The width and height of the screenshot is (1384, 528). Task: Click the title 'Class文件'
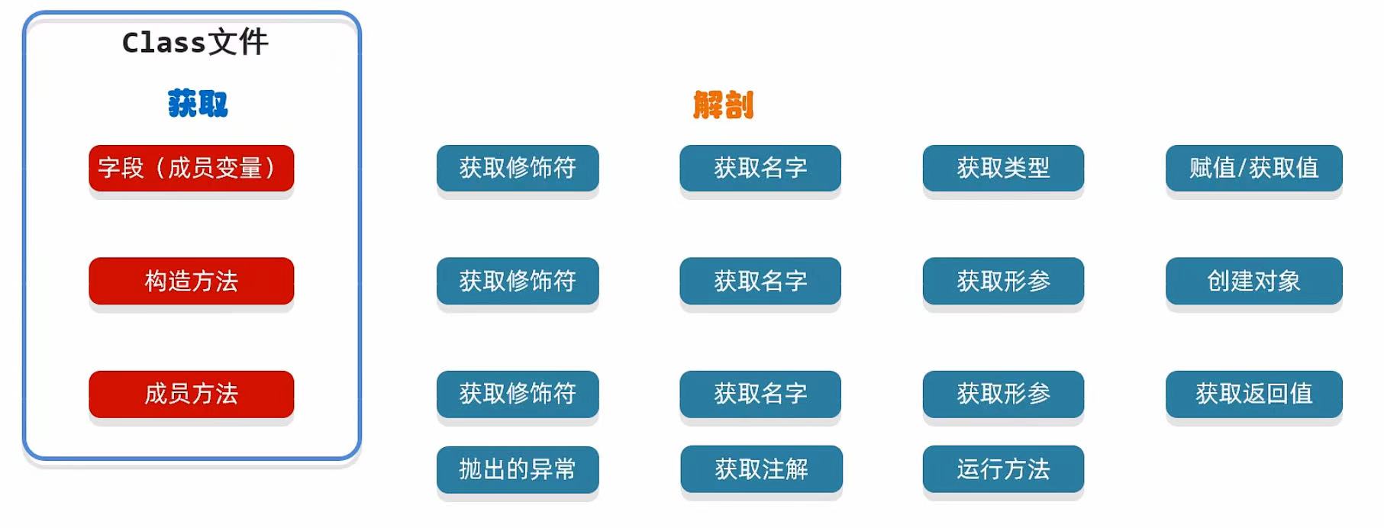tap(195, 43)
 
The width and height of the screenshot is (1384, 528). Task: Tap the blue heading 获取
tap(198, 104)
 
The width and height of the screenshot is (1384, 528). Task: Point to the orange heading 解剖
tap(723, 105)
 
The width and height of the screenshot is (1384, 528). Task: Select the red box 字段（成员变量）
tap(191, 168)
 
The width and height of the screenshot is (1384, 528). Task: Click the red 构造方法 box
tap(191, 281)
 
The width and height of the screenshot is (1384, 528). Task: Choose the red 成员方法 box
tap(191, 394)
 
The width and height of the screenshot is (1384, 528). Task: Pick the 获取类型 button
tap(1003, 168)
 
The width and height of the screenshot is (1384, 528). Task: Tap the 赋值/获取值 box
tap(1253, 168)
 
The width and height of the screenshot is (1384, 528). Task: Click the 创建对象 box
tap(1253, 281)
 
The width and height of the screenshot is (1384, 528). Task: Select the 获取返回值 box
tap(1253, 394)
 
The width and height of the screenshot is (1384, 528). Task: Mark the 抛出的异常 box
tap(518, 468)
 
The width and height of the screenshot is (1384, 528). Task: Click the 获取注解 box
tap(761, 468)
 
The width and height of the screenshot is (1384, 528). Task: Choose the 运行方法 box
tap(1003, 468)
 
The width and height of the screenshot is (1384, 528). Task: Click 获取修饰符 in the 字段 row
tap(518, 168)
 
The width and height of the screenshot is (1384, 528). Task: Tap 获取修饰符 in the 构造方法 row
tap(518, 281)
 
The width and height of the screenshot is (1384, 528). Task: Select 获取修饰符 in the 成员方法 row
tap(518, 394)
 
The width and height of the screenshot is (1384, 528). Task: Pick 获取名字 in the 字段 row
tap(760, 168)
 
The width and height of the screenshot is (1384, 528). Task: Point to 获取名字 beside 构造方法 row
tap(760, 281)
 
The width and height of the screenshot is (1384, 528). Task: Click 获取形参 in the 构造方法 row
tap(1003, 281)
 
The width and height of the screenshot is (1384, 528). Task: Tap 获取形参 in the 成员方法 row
tap(1003, 394)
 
